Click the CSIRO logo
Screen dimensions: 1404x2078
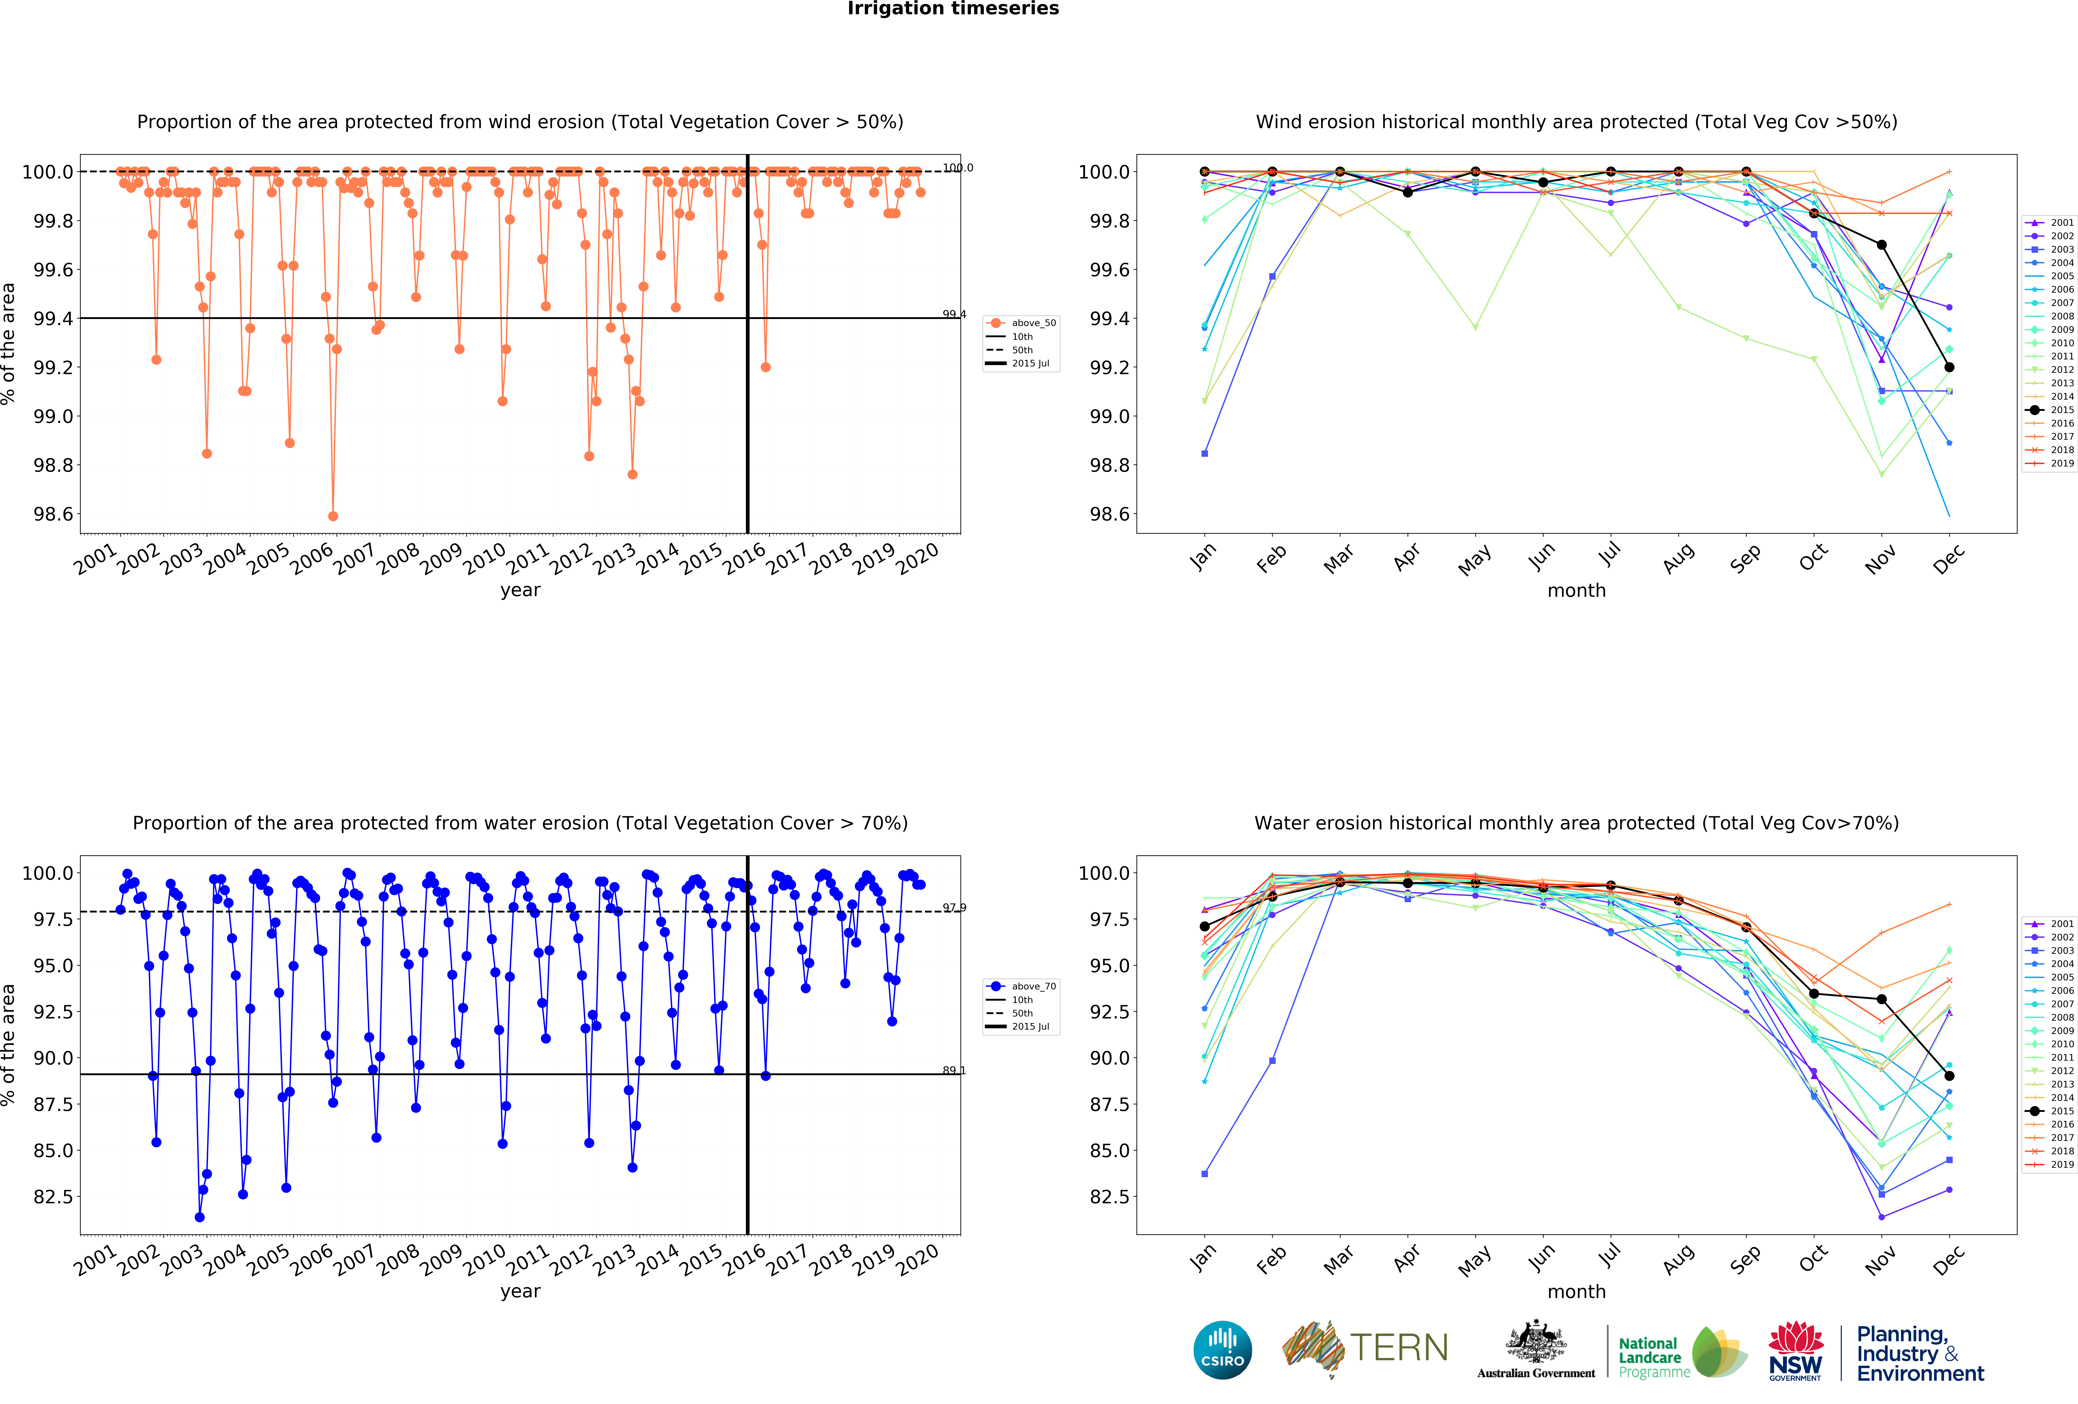pyautogui.click(x=1222, y=1349)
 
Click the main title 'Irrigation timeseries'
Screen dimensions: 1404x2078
pyautogui.click(x=953, y=9)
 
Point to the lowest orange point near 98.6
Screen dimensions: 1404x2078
pyautogui.click(x=333, y=516)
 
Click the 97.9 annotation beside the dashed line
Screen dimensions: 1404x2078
pyautogui.click(x=954, y=908)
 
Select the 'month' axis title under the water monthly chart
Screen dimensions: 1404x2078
pyautogui.click(x=1576, y=1291)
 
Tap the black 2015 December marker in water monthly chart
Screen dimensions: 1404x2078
pyautogui.click(x=1949, y=1076)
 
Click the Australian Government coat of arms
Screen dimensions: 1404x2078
pyautogui.click(x=1535, y=1341)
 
